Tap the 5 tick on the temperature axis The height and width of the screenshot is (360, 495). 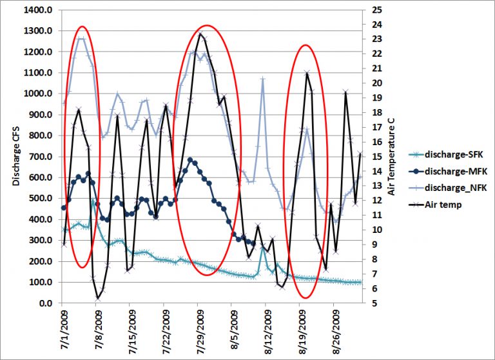pyautogui.click(x=370, y=303)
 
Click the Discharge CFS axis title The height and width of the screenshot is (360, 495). pyautogui.click(x=15, y=157)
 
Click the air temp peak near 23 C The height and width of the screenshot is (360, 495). pyautogui.click(x=200, y=34)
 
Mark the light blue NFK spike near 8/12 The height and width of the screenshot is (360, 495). pyautogui.click(x=263, y=79)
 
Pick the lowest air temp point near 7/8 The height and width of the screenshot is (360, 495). pyautogui.click(x=98, y=298)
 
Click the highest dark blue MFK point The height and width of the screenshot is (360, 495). pyautogui.click(x=190, y=160)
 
